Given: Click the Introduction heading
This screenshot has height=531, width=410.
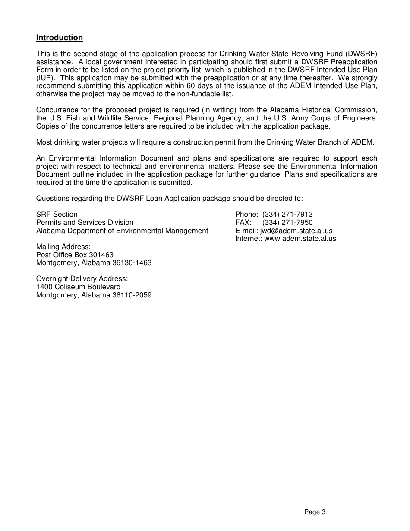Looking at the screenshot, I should click(59, 38).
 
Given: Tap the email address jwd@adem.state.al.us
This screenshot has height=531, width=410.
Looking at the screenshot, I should click(296, 231).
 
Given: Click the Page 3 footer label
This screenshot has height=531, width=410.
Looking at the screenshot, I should click(315, 512).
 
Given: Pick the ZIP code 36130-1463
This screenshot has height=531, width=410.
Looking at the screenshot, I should click(132, 263).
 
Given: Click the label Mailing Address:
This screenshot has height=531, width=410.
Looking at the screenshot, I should click(63, 247).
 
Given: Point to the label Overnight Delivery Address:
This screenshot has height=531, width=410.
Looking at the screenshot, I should click(82, 279).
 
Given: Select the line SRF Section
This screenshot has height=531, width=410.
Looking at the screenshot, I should click(57, 215).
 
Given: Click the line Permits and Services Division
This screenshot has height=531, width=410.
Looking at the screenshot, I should click(85, 223).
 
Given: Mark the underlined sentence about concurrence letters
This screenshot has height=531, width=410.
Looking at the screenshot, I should click(182, 126).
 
